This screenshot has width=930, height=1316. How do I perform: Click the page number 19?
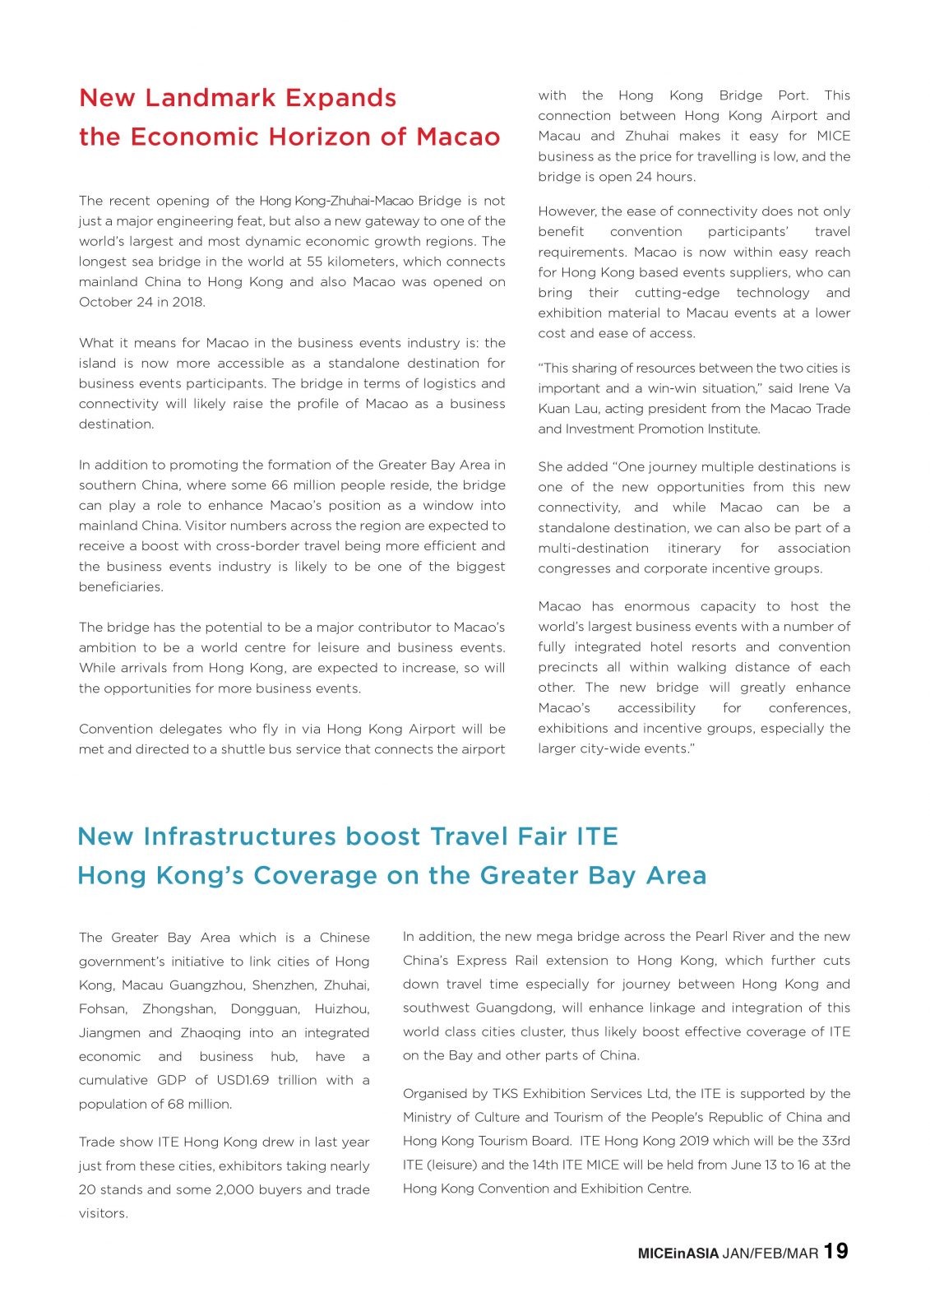[x=835, y=1251]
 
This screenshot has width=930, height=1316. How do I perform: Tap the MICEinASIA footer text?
[x=678, y=1253]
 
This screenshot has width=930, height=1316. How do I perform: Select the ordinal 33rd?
[x=836, y=1141]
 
